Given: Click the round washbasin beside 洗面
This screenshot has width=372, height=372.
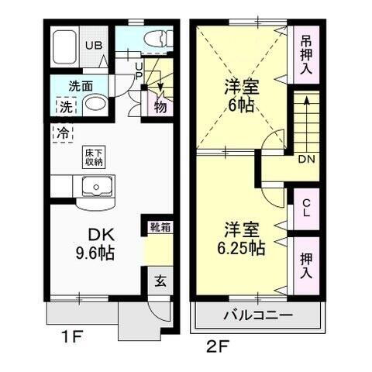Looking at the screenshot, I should [x=94, y=105].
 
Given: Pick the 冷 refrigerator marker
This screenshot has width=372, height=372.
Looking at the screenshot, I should [x=61, y=133].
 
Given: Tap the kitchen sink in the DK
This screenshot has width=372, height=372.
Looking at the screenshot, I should [x=96, y=187].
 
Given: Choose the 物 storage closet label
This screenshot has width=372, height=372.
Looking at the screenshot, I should [x=160, y=106].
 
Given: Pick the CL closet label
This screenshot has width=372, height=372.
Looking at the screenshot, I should [x=306, y=207].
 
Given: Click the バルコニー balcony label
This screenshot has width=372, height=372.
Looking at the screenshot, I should [x=257, y=315].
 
